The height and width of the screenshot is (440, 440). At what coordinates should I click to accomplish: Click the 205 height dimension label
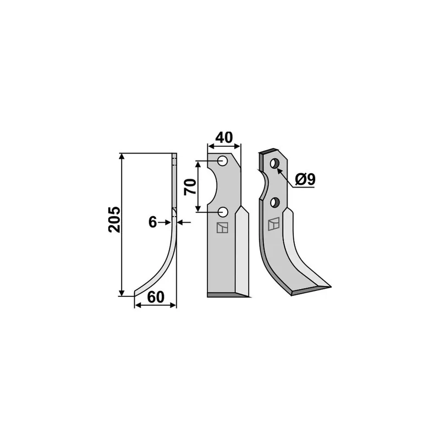[x=114, y=219]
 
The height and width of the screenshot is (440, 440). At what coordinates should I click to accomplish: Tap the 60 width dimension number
[x=156, y=297]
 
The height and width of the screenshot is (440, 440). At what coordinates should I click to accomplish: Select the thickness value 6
[x=152, y=222]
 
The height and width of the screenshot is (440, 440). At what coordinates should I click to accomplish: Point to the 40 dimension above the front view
[x=224, y=137]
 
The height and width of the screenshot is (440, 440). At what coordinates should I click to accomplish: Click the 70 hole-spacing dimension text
[x=190, y=186]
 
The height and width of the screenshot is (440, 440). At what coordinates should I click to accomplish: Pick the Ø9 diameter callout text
[x=305, y=179]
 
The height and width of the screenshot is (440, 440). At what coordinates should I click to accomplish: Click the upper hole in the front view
[x=223, y=161]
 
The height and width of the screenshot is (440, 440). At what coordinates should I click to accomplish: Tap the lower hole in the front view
[x=223, y=212]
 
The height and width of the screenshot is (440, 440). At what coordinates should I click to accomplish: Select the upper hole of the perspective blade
[x=274, y=163]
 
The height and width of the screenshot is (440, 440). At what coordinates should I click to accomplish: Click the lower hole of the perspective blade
[x=275, y=202]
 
